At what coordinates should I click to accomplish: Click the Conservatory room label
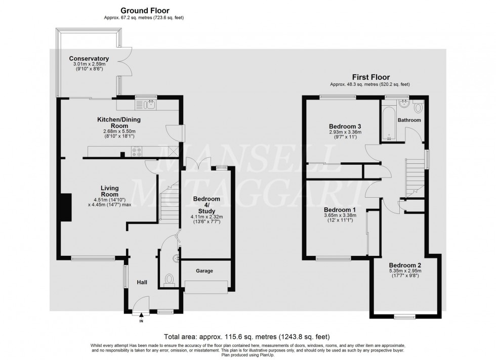tap(89, 59)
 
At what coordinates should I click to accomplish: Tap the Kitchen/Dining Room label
tap(119, 123)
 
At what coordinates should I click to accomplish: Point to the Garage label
tap(204, 271)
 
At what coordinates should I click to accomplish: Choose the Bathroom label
tap(409, 120)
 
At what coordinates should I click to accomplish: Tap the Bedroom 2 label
tap(405, 265)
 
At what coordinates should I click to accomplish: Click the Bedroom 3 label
tap(345, 126)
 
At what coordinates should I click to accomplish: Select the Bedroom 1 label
tap(340, 209)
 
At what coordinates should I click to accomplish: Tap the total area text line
tap(247, 336)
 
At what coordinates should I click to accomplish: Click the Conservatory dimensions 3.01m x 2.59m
tap(89, 65)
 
